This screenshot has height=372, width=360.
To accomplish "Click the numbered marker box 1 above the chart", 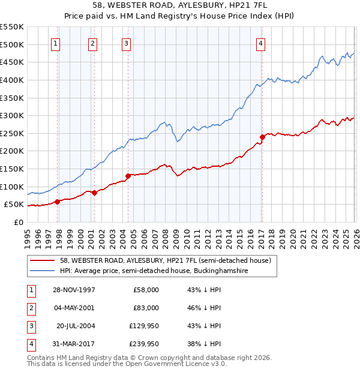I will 55,43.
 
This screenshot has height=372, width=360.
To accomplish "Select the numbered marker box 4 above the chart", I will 261,43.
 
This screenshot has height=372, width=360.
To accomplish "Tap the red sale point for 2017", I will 262,137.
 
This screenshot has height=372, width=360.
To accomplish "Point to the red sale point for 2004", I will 128,176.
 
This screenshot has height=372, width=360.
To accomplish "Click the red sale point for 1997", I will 58,202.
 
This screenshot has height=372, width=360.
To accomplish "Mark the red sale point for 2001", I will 94,193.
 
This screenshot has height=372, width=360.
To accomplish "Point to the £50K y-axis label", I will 14,205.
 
